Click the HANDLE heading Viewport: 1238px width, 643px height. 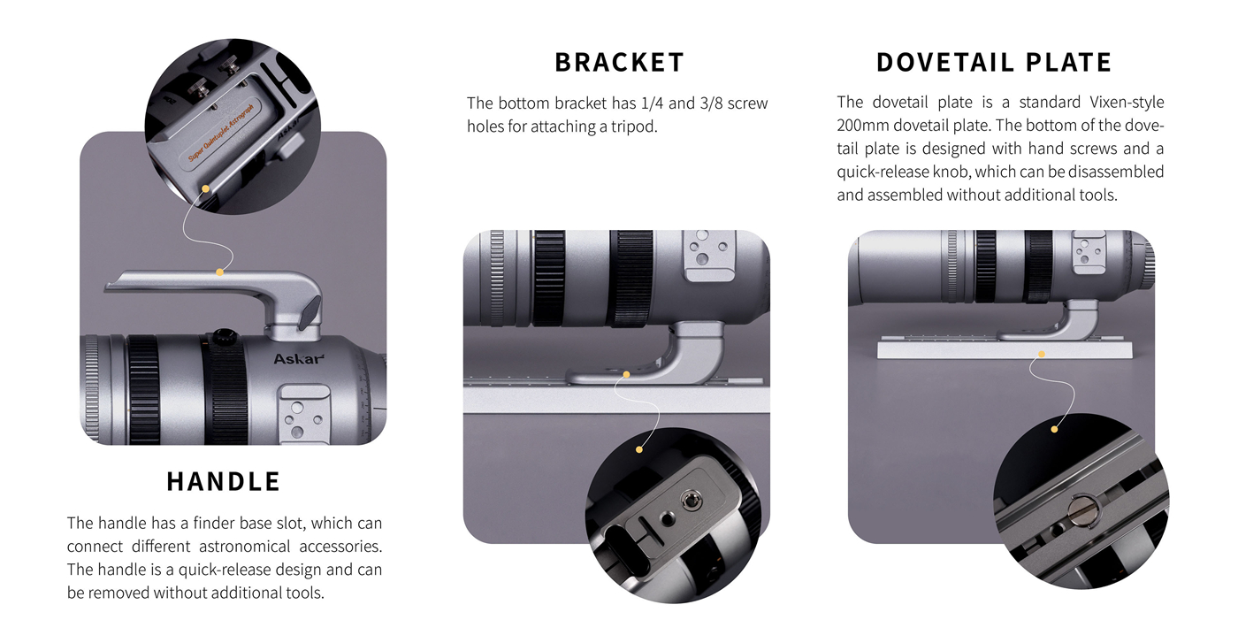(x=223, y=481)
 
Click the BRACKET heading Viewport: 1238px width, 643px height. (x=620, y=63)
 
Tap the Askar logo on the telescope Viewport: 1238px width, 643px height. (x=299, y=359)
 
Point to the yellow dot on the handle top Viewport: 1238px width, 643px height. (x=219, y=272)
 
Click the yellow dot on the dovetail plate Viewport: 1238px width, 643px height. (x=1042, y=354)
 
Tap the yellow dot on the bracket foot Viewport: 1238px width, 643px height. (x=626, y=375)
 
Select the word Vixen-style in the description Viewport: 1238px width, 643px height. (x=1127, y=103)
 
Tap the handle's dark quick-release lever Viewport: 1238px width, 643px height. (x=310, y=312)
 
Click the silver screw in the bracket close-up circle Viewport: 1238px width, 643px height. (x=689, y=502)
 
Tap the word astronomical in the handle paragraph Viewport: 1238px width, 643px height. (x=244, y=547)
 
